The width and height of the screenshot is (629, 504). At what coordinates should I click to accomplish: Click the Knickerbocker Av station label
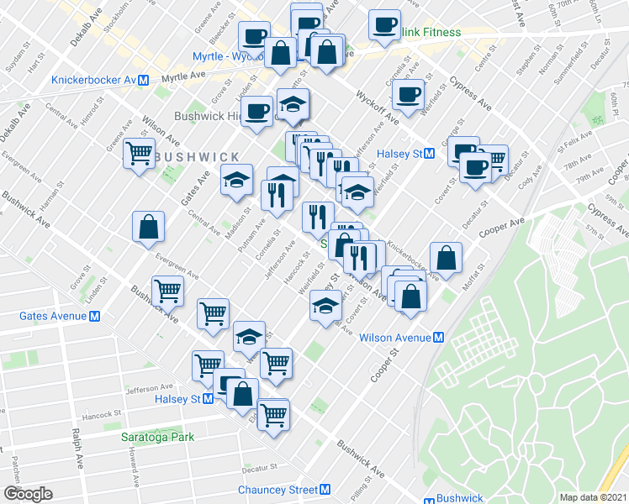93,81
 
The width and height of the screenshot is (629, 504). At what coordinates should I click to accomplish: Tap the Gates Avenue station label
51,316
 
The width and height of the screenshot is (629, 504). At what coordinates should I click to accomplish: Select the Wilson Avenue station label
394,338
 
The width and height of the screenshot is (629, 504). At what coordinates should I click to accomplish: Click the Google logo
28,494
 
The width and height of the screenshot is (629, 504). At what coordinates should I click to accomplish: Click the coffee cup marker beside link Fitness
385,24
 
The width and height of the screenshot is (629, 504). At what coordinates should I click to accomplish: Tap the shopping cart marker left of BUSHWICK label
139,154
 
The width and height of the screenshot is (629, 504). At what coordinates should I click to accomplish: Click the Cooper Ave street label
501,224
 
